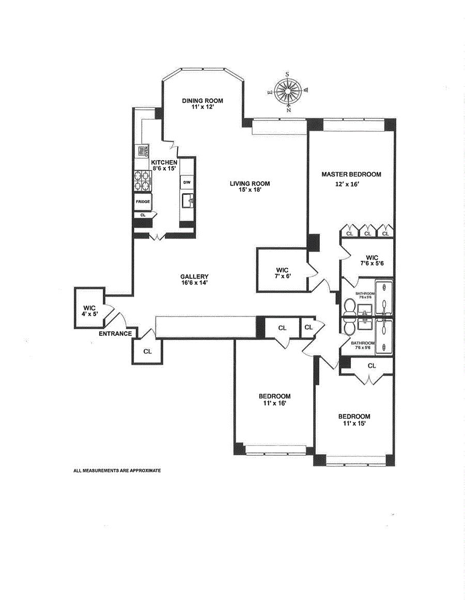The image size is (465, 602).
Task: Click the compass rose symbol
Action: click(x=289, y=91)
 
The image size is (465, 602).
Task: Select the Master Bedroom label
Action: click(x=351, y=175)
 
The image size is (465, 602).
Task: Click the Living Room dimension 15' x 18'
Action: click(x=251, y=190)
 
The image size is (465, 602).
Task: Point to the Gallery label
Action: click(x=194, y=276)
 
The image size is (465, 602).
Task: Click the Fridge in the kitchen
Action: click(x=143, y=201)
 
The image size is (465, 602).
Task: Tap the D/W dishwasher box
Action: click(x=187, y=182)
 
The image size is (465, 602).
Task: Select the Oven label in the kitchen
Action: click(x=146, y=151)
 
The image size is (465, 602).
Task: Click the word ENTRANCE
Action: click(x=115, y=334)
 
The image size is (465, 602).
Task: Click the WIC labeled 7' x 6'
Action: click(x=282, y=273)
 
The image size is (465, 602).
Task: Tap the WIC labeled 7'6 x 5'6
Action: click(x=372, y=260)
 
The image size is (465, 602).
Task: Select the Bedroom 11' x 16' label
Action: click(x=274, y=399)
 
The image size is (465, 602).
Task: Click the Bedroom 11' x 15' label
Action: click(x=354, y=420)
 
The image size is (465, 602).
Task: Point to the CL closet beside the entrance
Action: click(x=147, y=351)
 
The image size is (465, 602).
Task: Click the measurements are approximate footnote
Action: click(x=117, y=471)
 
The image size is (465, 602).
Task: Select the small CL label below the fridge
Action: click(x=143, y=214)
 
